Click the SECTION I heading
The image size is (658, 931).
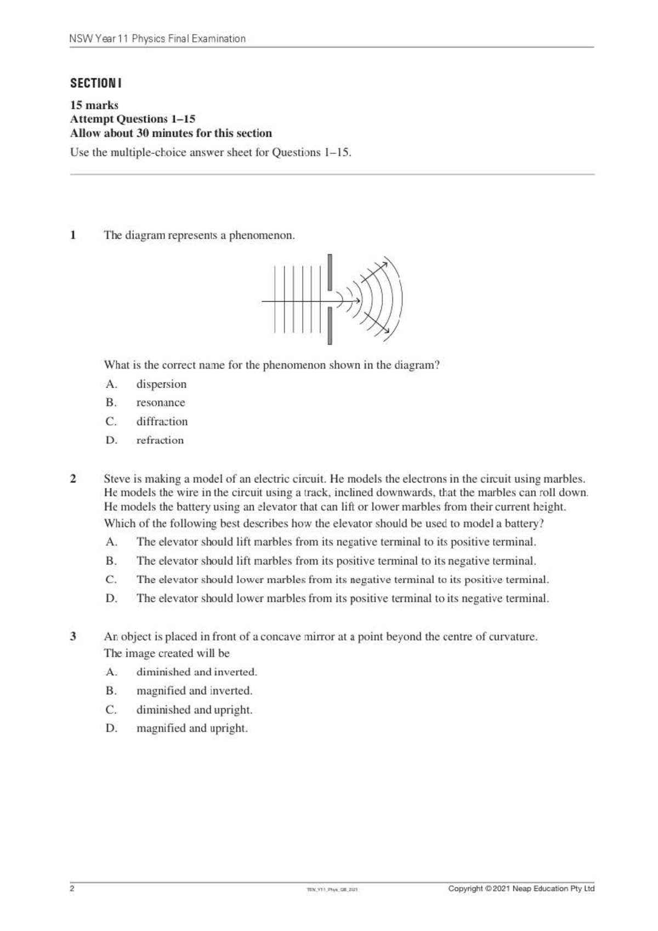click(95, 83)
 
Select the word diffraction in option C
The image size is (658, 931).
click(162, 422)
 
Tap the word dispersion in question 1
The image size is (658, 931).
click(161, 384)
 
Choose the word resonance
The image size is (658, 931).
click(161, 403)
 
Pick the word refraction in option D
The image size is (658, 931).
click(160, 440)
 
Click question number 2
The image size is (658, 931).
click(73, 479)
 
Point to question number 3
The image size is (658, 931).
click(73, 637)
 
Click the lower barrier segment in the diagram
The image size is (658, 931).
click(330, 326)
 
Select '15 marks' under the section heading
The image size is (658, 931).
click(94, 105)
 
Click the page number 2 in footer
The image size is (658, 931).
click(72, 889)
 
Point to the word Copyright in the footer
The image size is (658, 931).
click(466, 889)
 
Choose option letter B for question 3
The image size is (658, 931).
click(111, 691)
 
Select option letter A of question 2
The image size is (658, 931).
click(111, 542)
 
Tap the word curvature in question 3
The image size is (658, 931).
click(512, 637)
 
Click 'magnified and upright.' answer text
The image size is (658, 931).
click(192, 728)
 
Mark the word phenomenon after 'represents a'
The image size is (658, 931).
click(262, 235)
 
